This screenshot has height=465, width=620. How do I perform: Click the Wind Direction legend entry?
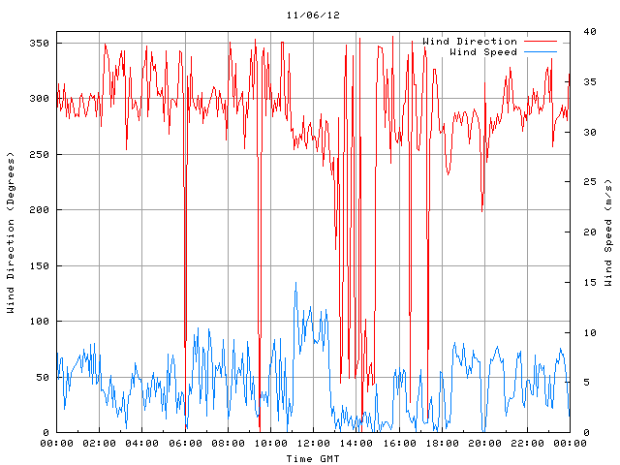click(470, 42)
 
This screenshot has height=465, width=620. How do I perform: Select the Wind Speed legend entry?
click(483, 51)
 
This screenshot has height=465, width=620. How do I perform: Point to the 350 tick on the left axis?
click(39, 43)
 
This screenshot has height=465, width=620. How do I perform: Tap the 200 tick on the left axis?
click(39, 209)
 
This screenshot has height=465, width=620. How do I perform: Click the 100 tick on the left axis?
click(39, 321)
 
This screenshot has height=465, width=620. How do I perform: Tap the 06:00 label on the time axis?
click(185, 444)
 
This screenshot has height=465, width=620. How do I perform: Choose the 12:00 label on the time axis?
click(313, 444)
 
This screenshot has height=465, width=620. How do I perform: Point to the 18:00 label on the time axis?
click(441, 444)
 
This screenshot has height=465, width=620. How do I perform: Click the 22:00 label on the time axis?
click(526, 444)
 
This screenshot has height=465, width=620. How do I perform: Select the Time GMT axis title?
click(313, 457)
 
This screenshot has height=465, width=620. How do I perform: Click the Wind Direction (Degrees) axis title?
click(12, 232)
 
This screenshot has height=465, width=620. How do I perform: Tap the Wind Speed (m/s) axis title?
click(608, 232)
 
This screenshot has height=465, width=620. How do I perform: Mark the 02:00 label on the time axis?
click(100, 444)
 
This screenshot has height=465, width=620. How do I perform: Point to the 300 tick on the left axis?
click(39, 98)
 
